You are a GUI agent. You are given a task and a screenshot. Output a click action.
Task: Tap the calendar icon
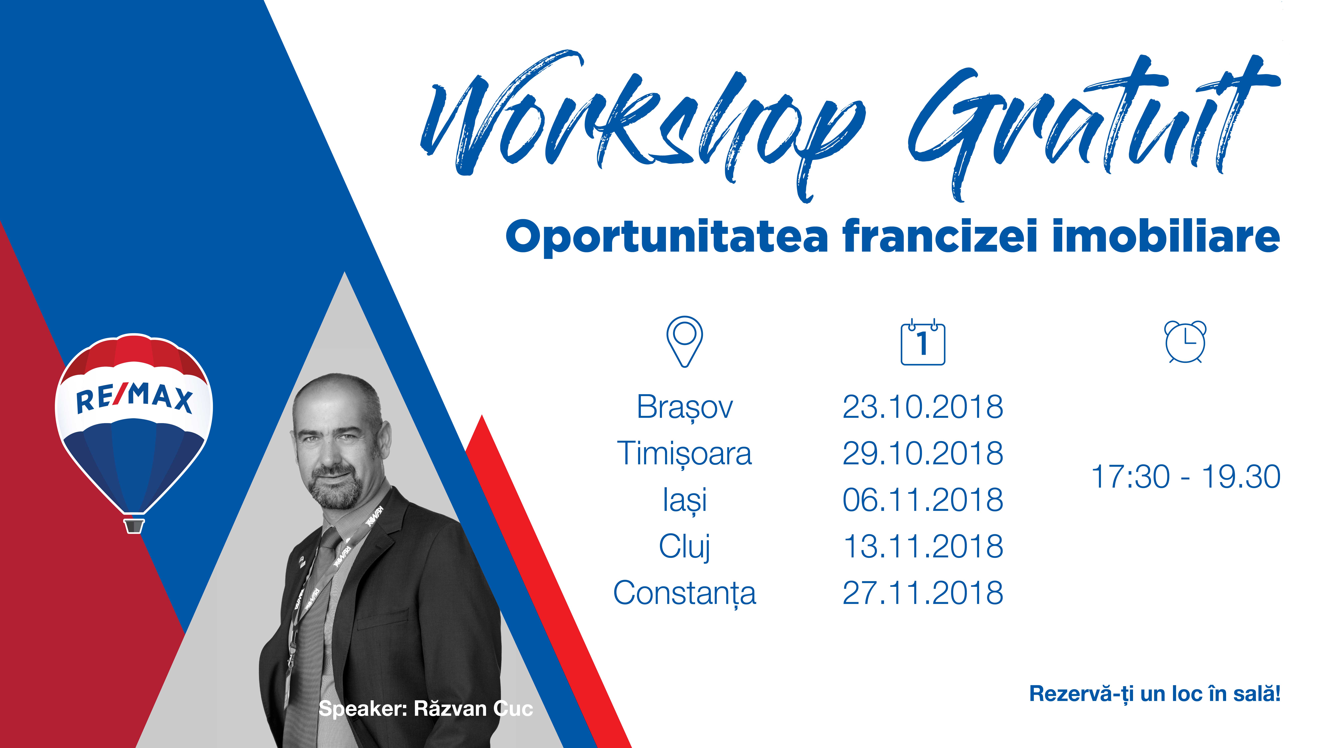(x=923, y=342)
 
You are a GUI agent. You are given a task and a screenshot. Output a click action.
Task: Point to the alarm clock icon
(x=1185, y=342)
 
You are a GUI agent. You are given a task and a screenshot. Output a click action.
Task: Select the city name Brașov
(x=685, y=408)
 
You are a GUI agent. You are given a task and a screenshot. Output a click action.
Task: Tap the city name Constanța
(x=685, y=593)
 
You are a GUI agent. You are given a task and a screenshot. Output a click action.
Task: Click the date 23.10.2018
(x=923, y=407)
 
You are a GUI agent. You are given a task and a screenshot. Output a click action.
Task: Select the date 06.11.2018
(x=923, y=500)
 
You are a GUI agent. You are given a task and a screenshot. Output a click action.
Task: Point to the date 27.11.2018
(x=923, y=593)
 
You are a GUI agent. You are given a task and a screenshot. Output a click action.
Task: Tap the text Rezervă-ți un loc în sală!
(x=1155, y=694)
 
